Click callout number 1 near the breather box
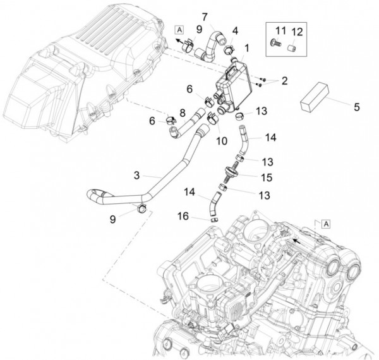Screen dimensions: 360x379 (x=246, y=47)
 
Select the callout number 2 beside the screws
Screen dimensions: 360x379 (x=284, y=80)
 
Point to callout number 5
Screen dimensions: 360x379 (x=357, y=107)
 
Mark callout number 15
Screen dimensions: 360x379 (x=267, y=177)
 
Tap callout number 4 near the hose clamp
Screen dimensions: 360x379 (x=235, y=30)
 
